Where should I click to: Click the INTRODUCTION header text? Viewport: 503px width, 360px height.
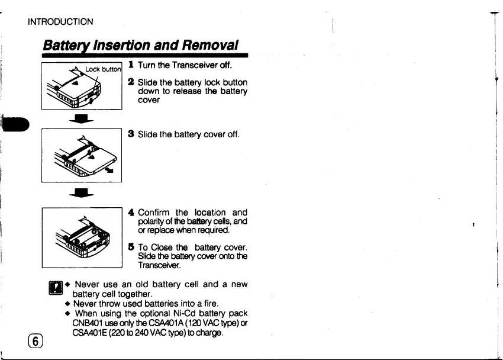point(60,22)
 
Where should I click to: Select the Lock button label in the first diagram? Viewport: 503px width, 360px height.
point(103,69)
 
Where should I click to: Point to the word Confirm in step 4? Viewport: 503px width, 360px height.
point(156,212)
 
